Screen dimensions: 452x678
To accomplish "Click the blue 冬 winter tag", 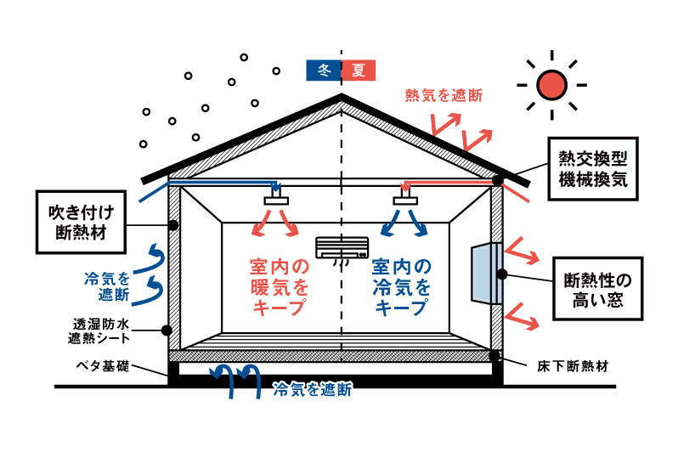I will click(x=323, y=71).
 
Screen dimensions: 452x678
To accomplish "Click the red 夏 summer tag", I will click(x=358, y=71).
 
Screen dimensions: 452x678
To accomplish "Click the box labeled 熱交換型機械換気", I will click(x=592, y=170).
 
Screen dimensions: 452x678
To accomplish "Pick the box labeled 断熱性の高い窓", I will click(x=593, y=291).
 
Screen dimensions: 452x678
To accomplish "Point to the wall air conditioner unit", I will click(x=342, y=247).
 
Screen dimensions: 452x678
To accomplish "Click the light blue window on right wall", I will click(x=485, y=273).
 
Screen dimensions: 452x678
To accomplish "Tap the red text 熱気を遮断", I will click(x=444, y=95).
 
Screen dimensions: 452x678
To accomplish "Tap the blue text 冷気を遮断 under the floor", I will click(x=312, y=391).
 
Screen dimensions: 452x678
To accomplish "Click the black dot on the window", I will click(x=503, y=274).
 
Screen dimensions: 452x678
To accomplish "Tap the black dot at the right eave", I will click(x=497, y=180).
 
